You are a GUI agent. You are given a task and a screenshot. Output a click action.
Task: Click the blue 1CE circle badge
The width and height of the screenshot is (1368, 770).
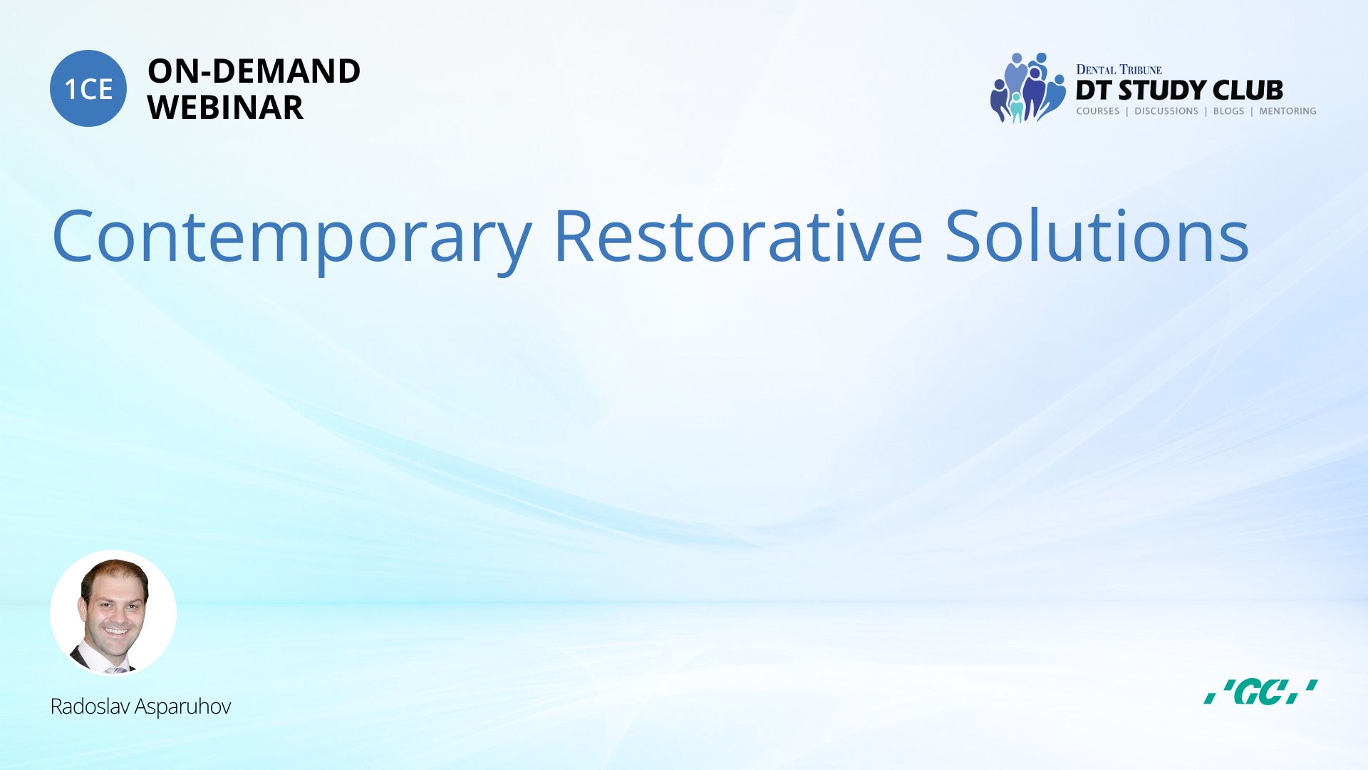[88, 88]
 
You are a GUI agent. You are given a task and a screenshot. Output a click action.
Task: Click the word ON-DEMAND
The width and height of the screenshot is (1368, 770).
[254, 71]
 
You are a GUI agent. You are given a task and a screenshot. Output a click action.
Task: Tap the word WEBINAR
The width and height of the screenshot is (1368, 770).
[225, 108]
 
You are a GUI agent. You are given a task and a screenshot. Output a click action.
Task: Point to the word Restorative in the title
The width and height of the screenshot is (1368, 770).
[738, 235]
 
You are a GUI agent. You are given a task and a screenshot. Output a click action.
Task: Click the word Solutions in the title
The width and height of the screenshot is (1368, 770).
[1097, 235]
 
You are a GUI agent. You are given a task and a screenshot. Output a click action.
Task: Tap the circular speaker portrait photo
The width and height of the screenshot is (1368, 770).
[113, 613]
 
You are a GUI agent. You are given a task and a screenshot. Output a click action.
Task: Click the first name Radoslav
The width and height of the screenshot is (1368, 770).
[90, 706]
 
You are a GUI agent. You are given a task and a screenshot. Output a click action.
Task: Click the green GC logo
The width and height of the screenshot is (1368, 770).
[1260, 692]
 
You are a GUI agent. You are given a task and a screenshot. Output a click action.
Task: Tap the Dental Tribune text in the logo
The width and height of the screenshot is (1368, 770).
[1119, 70]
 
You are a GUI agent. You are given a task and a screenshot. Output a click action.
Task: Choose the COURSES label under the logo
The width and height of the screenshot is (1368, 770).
[1098, 111]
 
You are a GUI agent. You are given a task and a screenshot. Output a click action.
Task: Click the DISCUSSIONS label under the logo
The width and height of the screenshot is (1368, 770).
[1166, 111]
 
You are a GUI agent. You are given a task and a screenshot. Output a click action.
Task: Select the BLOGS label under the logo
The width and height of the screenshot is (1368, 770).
[1228, 111]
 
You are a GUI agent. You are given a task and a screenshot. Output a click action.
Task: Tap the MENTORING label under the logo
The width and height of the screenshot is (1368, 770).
[1287, 111]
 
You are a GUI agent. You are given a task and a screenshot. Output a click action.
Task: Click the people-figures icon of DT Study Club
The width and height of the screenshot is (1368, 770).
[1028, 88]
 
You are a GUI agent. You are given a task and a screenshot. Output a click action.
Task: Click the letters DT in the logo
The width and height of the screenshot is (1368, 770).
[1094, 91]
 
